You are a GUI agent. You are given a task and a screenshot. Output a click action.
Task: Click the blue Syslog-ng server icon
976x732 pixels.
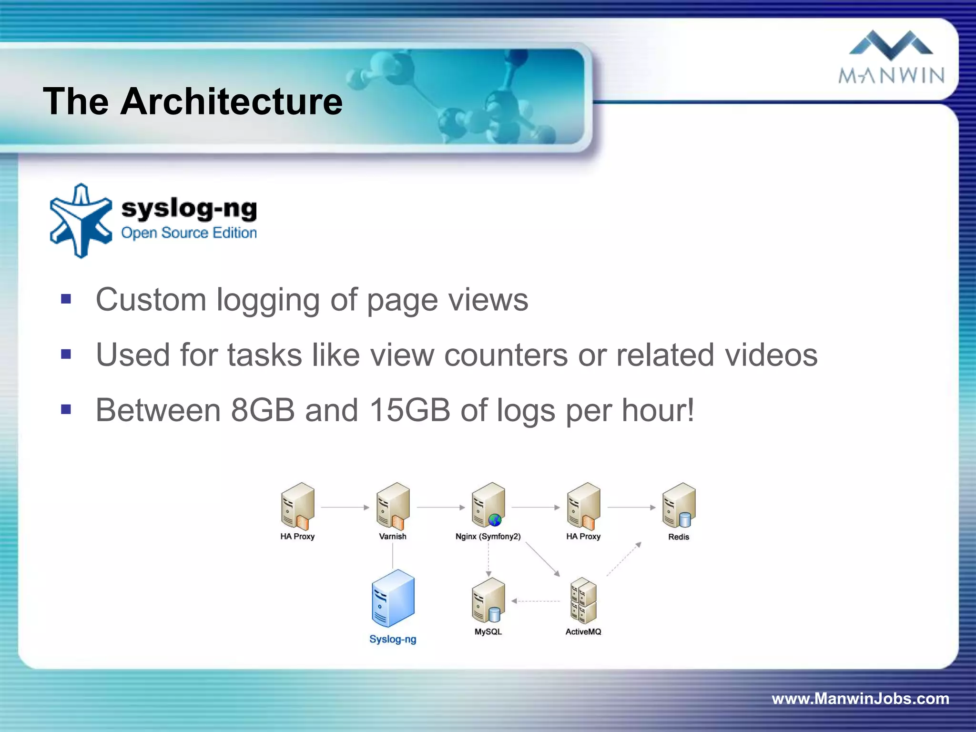[x=393, y=598]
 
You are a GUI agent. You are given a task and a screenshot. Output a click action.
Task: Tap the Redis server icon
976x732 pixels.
[x=679, y=505]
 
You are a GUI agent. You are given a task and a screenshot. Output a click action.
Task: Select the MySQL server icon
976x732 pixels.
[x=488, y=600]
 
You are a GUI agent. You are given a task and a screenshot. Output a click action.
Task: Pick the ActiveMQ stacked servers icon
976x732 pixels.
[x=583, y=600]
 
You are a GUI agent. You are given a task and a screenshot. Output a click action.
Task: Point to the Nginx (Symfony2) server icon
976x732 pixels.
[x=488, y=505]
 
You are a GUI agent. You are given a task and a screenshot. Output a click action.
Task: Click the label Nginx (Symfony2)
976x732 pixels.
[x=488, y=537]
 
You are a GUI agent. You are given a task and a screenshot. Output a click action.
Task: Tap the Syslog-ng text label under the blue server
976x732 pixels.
[x=393, y=639]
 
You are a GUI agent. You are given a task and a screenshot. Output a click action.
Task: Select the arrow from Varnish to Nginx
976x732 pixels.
[x=440, y=508]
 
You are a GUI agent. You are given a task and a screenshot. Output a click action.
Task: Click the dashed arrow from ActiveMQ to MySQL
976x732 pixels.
[x=536, y=601]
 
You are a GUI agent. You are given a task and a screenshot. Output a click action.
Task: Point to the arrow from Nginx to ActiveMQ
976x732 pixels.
[x=542, y=559]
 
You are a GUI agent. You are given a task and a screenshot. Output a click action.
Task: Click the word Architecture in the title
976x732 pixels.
[x=231, y=101]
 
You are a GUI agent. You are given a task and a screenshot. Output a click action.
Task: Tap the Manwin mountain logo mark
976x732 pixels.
[x=891, y=43]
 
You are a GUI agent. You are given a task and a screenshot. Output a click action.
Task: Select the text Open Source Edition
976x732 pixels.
[x=189, y=233]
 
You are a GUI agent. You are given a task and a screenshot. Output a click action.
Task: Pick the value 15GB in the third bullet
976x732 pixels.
[x=409, y=410]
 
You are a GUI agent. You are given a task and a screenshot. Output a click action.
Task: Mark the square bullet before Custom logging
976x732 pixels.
[x=66, y=299]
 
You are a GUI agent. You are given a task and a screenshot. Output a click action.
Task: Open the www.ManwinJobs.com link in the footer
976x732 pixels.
[x=860, y=699]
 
